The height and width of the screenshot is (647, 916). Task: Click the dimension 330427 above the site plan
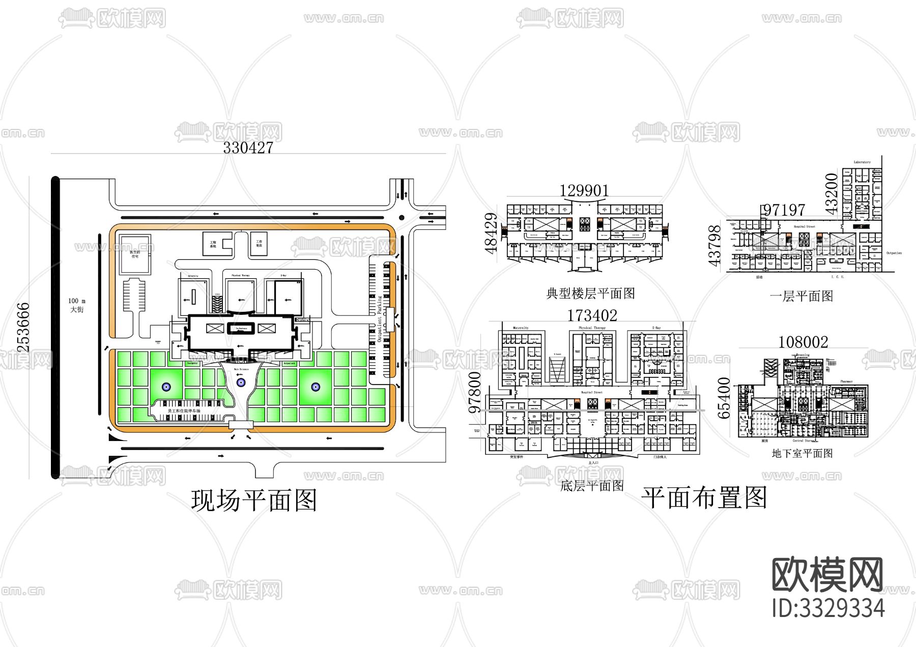248,148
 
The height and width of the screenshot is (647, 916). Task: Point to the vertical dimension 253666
23,327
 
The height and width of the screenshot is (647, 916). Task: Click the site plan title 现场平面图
254,500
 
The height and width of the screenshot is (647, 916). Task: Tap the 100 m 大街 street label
77,305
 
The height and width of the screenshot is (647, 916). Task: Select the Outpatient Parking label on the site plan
379,312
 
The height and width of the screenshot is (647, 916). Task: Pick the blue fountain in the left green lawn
166,387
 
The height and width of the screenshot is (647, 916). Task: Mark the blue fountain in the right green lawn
316,387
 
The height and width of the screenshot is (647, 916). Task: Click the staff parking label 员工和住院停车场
184,410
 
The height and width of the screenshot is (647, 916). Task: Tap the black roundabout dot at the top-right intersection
402,218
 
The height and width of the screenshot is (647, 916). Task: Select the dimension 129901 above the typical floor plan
584,190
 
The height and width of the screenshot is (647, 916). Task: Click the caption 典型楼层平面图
590,293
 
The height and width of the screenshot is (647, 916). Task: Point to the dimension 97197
784,210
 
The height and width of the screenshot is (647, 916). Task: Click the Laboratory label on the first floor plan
862,162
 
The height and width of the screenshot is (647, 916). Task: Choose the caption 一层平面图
801,296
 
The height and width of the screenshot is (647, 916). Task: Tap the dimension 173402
592,315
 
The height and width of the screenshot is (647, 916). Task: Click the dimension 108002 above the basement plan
803,342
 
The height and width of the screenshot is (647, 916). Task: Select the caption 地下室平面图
802,453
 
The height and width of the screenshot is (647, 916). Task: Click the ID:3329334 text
828,608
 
